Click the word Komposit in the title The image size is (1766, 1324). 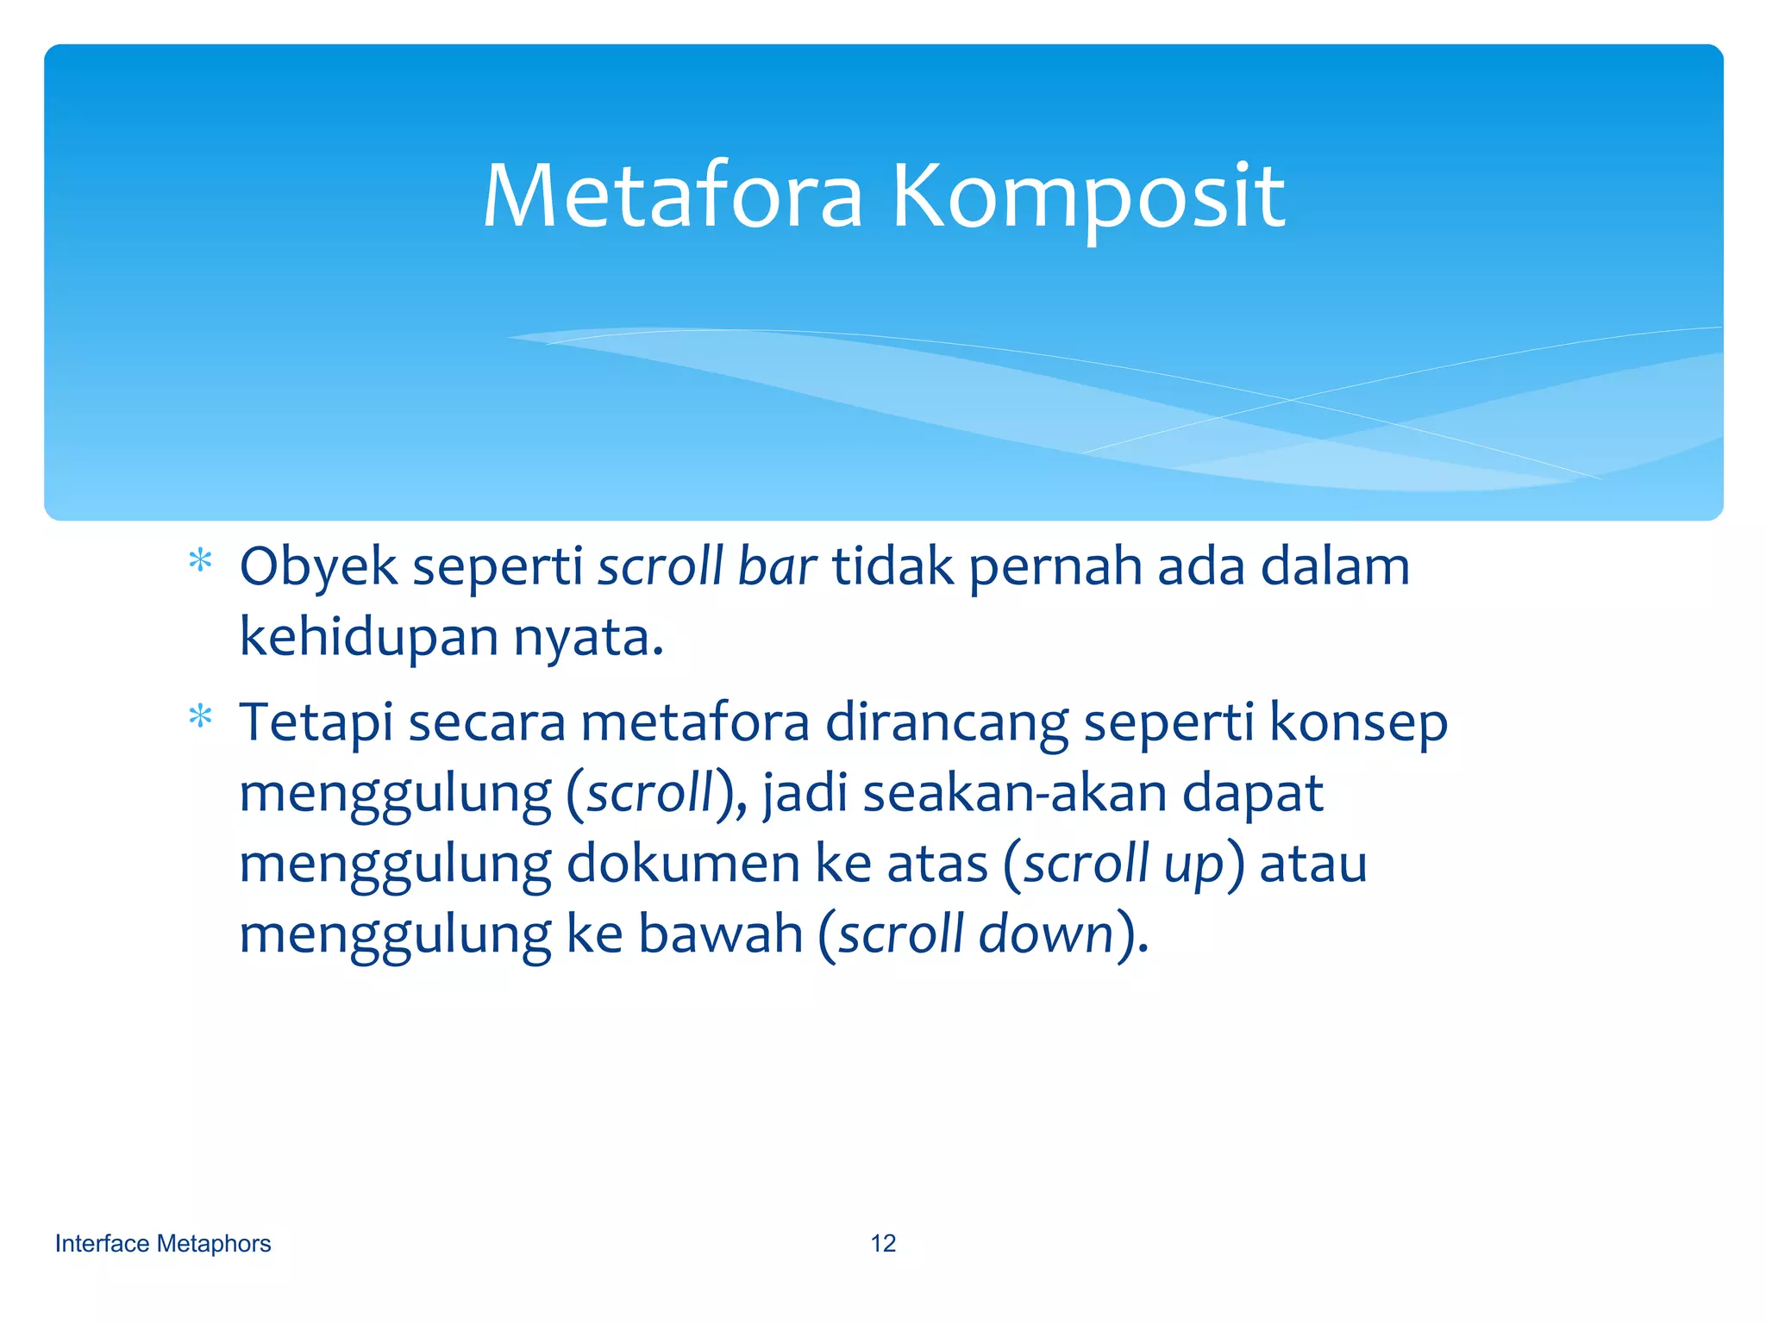(x=1088, y=198)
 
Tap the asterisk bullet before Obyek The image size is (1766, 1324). (x=200, y=562)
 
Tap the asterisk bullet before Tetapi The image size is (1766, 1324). (x=200, y=717)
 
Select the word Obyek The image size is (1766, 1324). (x=317, y=569)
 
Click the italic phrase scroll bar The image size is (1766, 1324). (x=706, y=567)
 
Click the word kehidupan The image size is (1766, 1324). (x=369, y=638)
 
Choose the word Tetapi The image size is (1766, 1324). (x=316, y=724)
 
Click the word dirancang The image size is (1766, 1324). (x=947, y=724)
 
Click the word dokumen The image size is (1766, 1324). (x=683, y=864)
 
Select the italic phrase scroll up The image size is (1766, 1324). (x=1124, y=865)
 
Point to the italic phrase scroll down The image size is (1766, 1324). (x=975, y=934)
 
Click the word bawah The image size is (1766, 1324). (x=720, y=934)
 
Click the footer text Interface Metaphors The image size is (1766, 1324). (x=163, y=1244)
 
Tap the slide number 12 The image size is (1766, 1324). (x=883, y=1244)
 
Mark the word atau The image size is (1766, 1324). (x=1312, y=865)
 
